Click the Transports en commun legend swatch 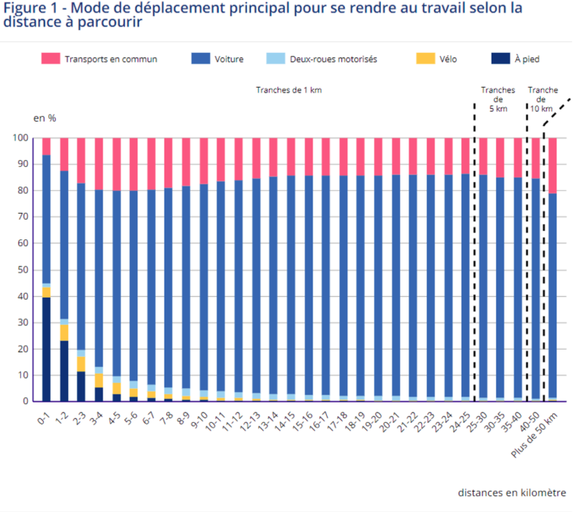click(x=50, y=59)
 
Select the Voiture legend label click(x=229, y=59)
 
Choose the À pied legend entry click(x=526, y=59)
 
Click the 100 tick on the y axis click(x=20, y=138)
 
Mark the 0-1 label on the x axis click(x=45, y=416)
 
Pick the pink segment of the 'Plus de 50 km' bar click(x=552, y=165)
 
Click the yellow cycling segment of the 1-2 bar click(x=64, y=332)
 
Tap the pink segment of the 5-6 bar click(x=134, y=164)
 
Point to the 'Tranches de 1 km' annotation click(x=288, y=90)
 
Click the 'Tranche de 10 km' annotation click(x=543, y=99)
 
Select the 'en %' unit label click(x=45, y=118)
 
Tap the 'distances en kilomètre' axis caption click(x=511, y=492)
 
